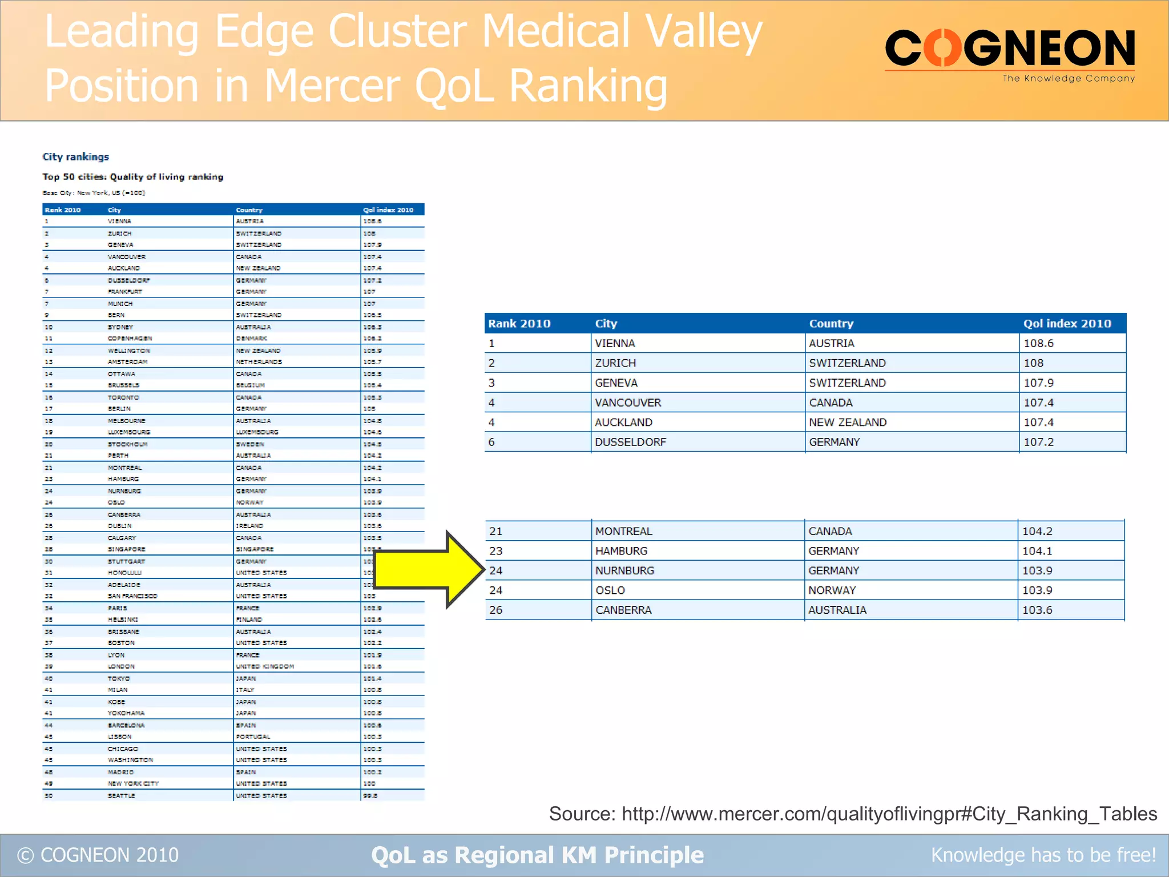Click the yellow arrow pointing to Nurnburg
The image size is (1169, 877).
[x=428, y=569]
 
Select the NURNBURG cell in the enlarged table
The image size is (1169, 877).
[x=624, y=570]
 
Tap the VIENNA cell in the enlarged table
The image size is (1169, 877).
[x=615, y=343]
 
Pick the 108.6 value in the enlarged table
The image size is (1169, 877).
[x=1038, y=343]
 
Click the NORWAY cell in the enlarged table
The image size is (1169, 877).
[x=832, y=590]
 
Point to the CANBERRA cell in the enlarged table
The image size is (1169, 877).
[x=623, y=610]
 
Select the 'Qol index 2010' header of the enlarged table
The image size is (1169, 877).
[x=1067, y=323]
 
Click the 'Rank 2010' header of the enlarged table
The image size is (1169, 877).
[x=519, y=323]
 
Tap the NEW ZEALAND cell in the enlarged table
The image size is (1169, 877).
[x=848, y=422]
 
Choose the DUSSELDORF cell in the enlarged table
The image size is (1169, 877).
[x=630, y=442]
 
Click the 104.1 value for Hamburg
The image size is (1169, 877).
[x=1037, y=551]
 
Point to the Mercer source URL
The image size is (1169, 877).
[x=889, y=813]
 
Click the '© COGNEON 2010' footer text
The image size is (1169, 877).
[x=98, y=855]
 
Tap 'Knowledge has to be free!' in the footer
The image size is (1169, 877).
[x=1043, y=855]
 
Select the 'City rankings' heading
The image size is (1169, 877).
[x=75, y=156]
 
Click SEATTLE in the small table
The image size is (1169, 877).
[x=121, y=795]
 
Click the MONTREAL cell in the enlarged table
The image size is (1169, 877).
[x=623, y=531]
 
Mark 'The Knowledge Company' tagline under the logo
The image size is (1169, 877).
[x=1069, y=78]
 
